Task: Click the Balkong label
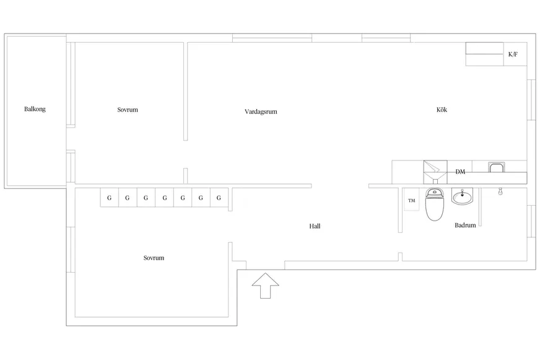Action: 35,109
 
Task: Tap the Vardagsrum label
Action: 261,112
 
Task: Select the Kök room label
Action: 442,110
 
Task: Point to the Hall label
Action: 315,226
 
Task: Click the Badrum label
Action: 465,226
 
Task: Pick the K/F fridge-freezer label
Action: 513,54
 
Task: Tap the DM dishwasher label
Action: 460,172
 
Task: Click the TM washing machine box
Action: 412,201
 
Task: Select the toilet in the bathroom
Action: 435,204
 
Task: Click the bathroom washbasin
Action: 462,196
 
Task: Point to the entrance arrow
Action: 265,286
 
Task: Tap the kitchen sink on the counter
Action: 496,167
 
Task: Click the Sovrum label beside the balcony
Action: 128,110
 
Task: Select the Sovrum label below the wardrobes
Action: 154,258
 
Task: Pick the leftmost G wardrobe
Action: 110,198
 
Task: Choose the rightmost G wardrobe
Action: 219,198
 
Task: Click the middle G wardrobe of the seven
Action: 164,198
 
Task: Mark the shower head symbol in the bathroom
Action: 500,191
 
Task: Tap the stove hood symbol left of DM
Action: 435,172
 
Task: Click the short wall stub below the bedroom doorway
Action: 185,176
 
